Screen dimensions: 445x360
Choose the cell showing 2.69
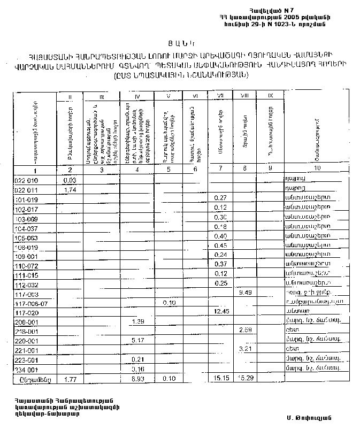click(x=246, y=330)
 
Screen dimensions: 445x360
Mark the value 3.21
click(x=246, y=349)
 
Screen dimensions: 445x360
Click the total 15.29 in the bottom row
click(x=246, y=378)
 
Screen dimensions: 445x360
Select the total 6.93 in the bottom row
click(x=138, y=378)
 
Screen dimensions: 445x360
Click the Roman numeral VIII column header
click(x=245, y=95)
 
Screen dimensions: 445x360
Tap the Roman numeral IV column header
click(x=137, y=96)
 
